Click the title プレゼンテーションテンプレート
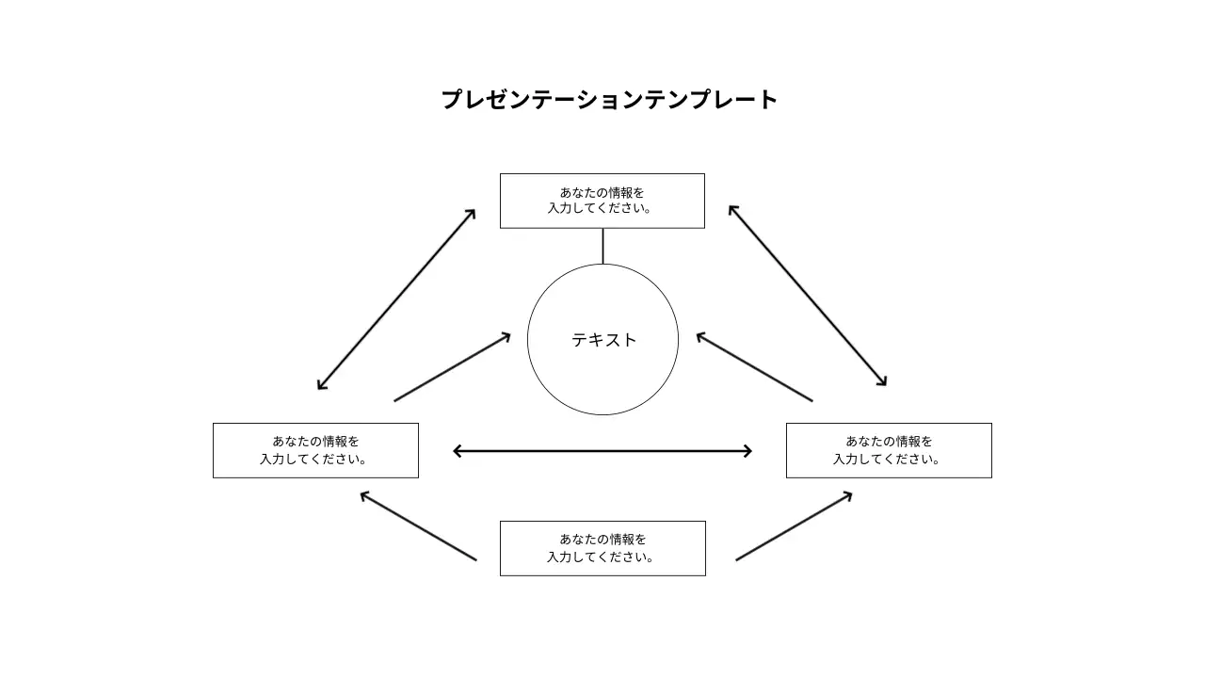click(x=609, y=100)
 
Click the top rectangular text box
click(x=602, y=201)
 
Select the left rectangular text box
click(x=315, y=450)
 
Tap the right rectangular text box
click(x=889, y=450)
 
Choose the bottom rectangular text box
click(x=602, y=548)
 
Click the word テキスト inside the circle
click(x=603, y=340)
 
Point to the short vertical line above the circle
click(x=602, y=246)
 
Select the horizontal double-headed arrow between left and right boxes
click(x=602, y=451)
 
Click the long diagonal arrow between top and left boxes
click(x=396, y=299)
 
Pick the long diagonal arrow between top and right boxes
click(x=808, y=296)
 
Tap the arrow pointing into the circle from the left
click(x=453, y=367)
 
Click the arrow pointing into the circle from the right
click(x=754, y=367)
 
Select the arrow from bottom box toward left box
click(x=418, y=526)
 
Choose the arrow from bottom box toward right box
click(x=794, y=526)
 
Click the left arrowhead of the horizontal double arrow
click(x=458, y=451)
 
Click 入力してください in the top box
click(x=600, y=209)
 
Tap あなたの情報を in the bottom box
click(x=602, y=540)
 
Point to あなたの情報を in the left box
click(x=315, y=442)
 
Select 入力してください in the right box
click(x=886, y=460)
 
